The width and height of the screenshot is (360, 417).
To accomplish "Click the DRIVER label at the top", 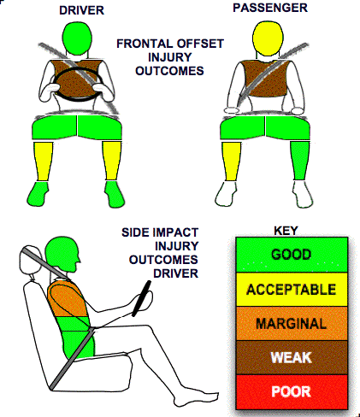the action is click(81, 10).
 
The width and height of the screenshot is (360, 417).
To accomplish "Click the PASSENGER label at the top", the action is click(270, 8).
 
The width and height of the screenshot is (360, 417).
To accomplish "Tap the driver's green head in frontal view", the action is click(77, 37).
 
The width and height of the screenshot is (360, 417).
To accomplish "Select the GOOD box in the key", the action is click(292, 255).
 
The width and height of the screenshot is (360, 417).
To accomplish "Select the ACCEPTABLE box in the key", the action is click(292, 290).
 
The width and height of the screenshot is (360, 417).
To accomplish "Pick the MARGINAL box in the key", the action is click(292, 324).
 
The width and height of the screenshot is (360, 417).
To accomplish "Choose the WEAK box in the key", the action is click(292, 357).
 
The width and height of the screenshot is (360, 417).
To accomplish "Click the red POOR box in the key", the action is click(292, 392).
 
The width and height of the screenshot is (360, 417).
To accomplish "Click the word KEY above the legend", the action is click(286, 231).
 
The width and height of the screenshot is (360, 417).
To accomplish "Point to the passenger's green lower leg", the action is click(299, 161).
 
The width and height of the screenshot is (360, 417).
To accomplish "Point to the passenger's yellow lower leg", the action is click(231, 161).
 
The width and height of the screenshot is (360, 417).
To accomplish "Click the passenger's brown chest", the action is click(263, 78).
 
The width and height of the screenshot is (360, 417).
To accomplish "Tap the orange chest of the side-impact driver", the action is click(66, 299).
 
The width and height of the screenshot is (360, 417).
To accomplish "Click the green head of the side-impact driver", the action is click(62, 253).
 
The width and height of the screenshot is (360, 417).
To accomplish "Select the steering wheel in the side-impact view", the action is click(141, 298).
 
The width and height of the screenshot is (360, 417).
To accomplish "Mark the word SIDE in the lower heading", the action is click(133, 232).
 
